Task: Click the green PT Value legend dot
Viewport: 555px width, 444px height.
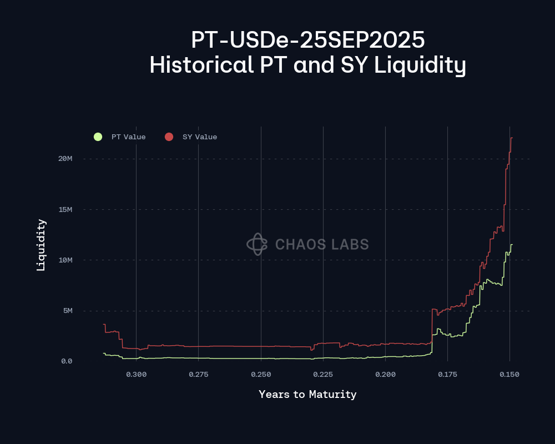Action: (98, 137)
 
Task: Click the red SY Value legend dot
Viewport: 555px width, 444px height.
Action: (169, 137)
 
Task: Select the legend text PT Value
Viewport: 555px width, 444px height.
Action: (128, 137)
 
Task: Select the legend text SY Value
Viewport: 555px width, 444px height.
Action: (200, 137)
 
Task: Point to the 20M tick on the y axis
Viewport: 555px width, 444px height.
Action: (65, 159)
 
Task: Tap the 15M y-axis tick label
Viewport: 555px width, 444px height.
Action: (65, 209)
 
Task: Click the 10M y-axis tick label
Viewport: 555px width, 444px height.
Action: (65, 260)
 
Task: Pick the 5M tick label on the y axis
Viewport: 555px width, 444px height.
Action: (67, 311)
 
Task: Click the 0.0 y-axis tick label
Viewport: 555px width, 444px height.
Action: (66, 361)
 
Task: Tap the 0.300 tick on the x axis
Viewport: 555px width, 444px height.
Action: (136, 375)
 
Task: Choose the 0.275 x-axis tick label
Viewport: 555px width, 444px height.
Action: (198, 375)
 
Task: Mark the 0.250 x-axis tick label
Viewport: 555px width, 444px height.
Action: (261, 375)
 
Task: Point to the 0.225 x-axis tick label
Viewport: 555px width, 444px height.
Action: (323, 375)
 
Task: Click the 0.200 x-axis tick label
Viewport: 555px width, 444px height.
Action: (385, 375)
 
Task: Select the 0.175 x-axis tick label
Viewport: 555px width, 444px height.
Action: (447, 375)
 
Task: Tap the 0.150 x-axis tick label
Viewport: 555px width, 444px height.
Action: (509, 375)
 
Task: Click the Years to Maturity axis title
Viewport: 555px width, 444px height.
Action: (307, 395)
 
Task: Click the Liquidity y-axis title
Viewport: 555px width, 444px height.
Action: (41, 245)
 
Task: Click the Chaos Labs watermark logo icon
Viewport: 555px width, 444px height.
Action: (257, 244)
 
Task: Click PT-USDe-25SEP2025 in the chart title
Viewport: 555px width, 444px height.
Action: (307, 41)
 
